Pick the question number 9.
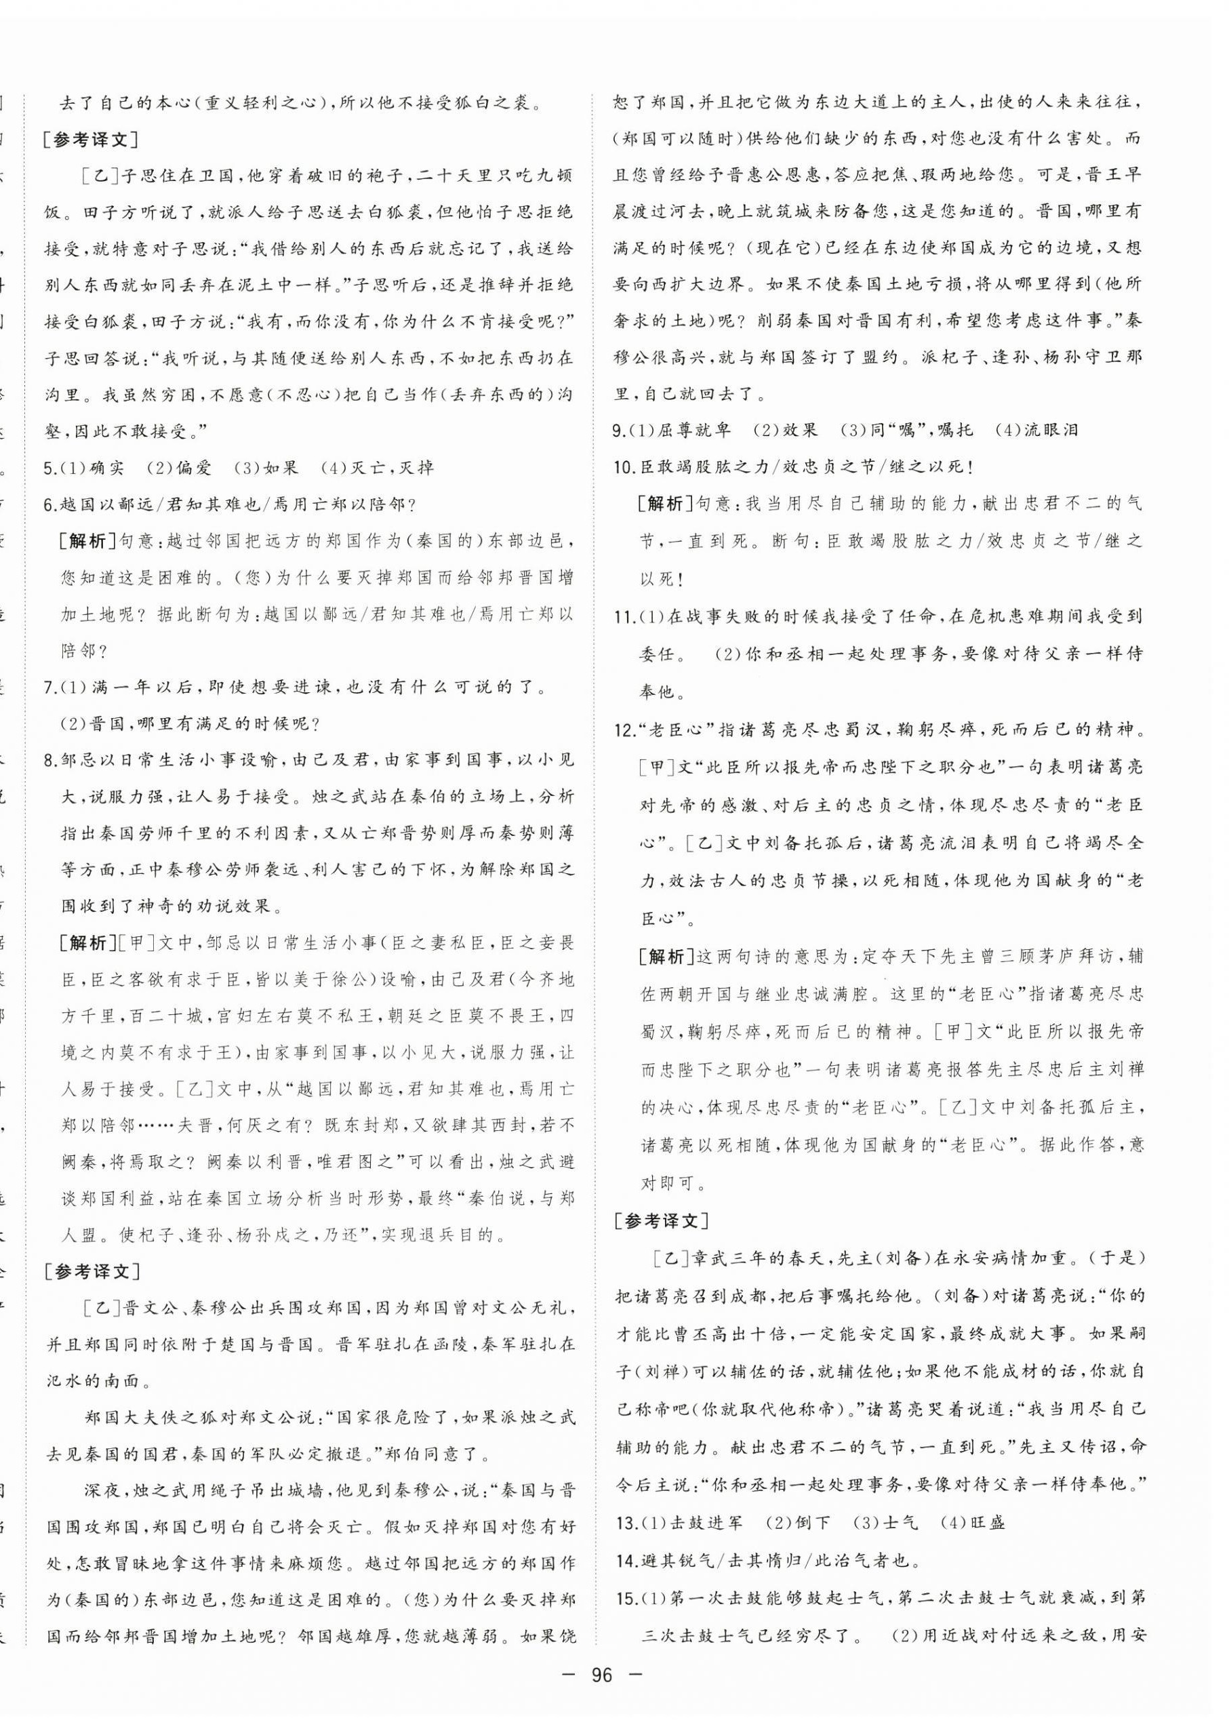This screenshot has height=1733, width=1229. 619,431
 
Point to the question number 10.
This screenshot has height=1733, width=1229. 623,467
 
